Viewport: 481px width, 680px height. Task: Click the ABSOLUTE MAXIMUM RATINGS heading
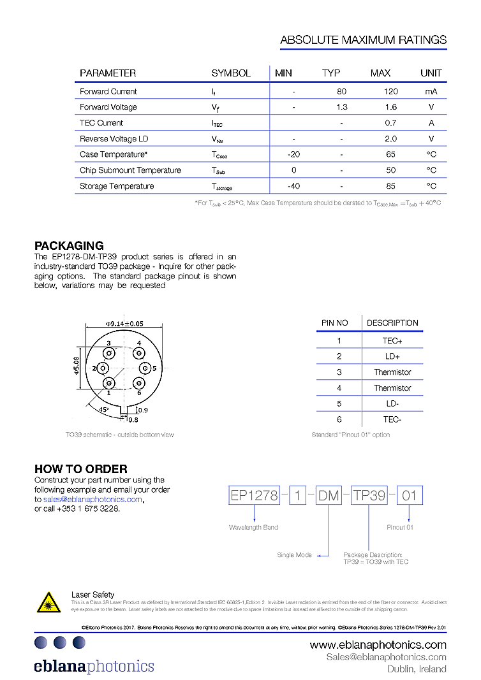point(363,40)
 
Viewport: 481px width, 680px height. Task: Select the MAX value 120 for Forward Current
point(390,92)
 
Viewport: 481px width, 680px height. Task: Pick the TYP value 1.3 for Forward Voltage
point(341,108)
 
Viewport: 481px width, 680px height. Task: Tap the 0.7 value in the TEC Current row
point(390,123)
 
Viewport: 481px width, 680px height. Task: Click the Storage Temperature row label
point(117,186)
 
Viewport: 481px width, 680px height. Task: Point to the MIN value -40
point(293,186)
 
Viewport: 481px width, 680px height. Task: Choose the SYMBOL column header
point(231,73)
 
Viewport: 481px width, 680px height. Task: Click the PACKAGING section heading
point(69,246)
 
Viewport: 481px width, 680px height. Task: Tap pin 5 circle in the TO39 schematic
point(145,368)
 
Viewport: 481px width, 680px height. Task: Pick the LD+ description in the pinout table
point(392,356)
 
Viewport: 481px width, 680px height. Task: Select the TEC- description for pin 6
point(392,419)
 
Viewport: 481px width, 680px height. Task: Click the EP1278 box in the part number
point(254,495)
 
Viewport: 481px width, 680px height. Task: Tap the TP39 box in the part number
point(369,495)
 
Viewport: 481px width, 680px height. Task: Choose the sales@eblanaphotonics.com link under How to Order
point(93,500)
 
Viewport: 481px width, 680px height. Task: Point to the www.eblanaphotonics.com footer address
point(378,645)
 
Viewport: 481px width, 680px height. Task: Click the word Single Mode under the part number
point(294,555)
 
